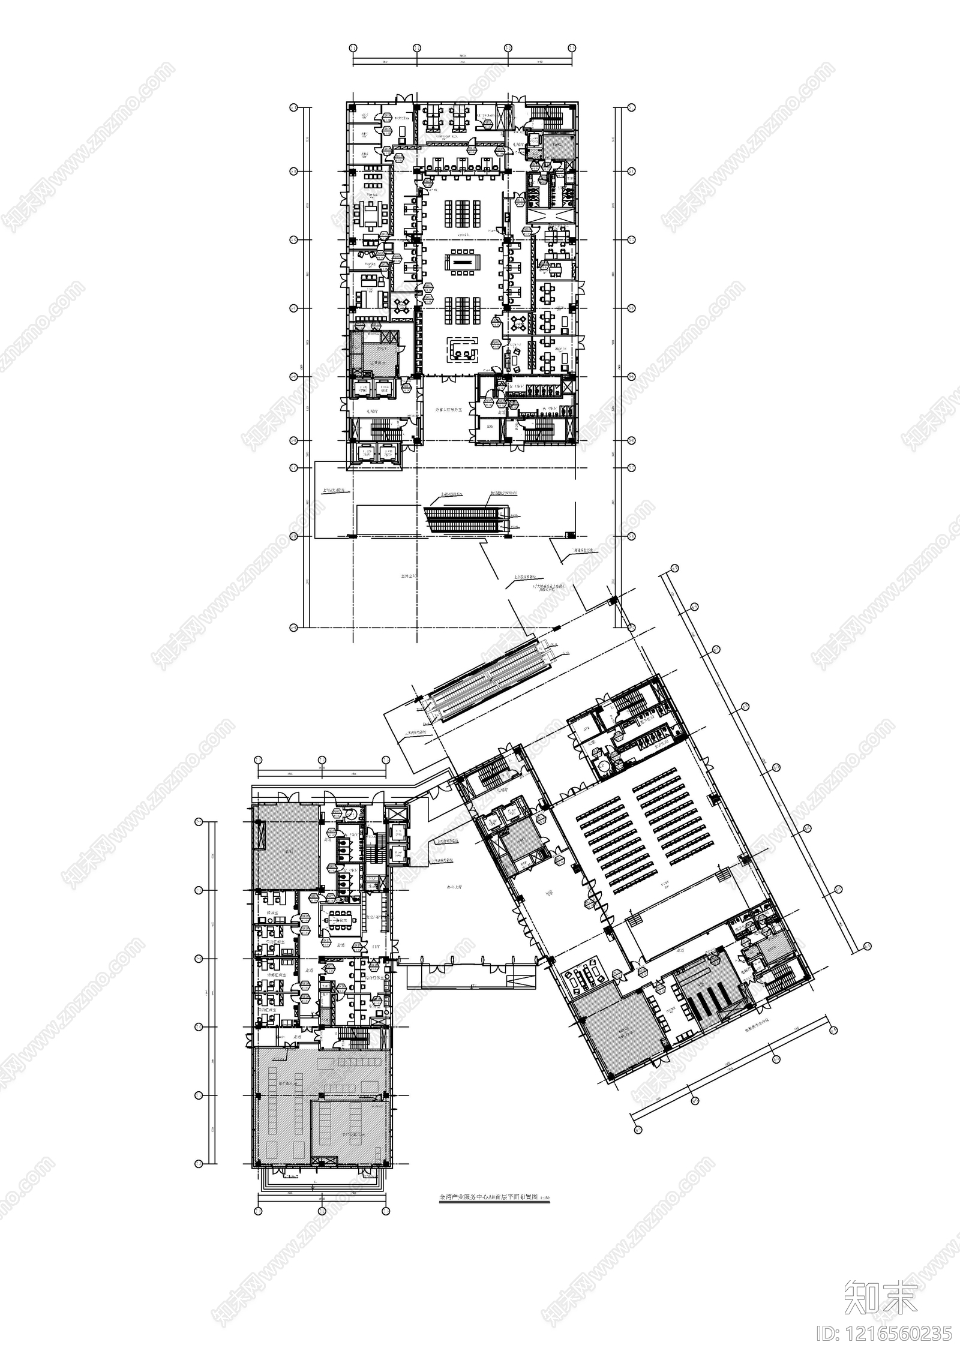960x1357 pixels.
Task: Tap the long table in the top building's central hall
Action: coord(461,262)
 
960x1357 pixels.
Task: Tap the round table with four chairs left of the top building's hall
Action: coord(401,304)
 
